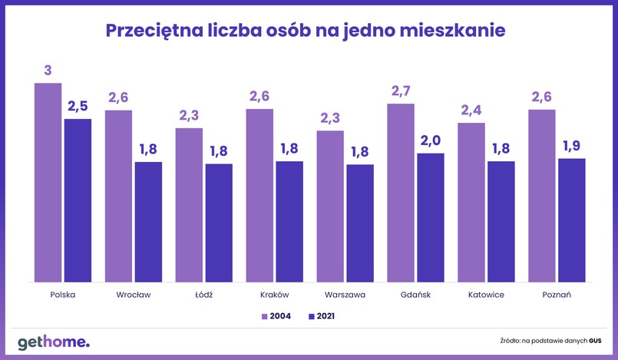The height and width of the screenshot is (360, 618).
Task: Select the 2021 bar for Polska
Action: (x=78, y=200)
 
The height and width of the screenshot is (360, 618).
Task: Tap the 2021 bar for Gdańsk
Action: (x=431, y=218)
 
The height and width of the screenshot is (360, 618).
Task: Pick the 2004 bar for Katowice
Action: (x=471, y=203)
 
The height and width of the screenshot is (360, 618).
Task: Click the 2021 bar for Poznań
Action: (x=572, y=220)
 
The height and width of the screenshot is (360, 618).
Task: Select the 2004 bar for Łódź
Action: (x=189, y=205)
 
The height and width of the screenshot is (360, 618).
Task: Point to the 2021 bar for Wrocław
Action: (x=148, y=222)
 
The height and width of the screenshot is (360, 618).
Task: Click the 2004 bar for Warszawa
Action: (x=330, y=206)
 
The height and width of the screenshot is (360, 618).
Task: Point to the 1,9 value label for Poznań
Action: (x=572, y=147)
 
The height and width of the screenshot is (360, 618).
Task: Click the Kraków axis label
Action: (x=274, y=295)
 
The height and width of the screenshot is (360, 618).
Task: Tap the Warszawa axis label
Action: (x=345, y=295)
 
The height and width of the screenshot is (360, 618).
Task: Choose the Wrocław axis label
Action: (x=134, y=295)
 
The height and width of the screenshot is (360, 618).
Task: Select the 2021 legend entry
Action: (x=322, y=315)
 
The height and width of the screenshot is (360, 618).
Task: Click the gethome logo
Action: (x=54, y=342)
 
